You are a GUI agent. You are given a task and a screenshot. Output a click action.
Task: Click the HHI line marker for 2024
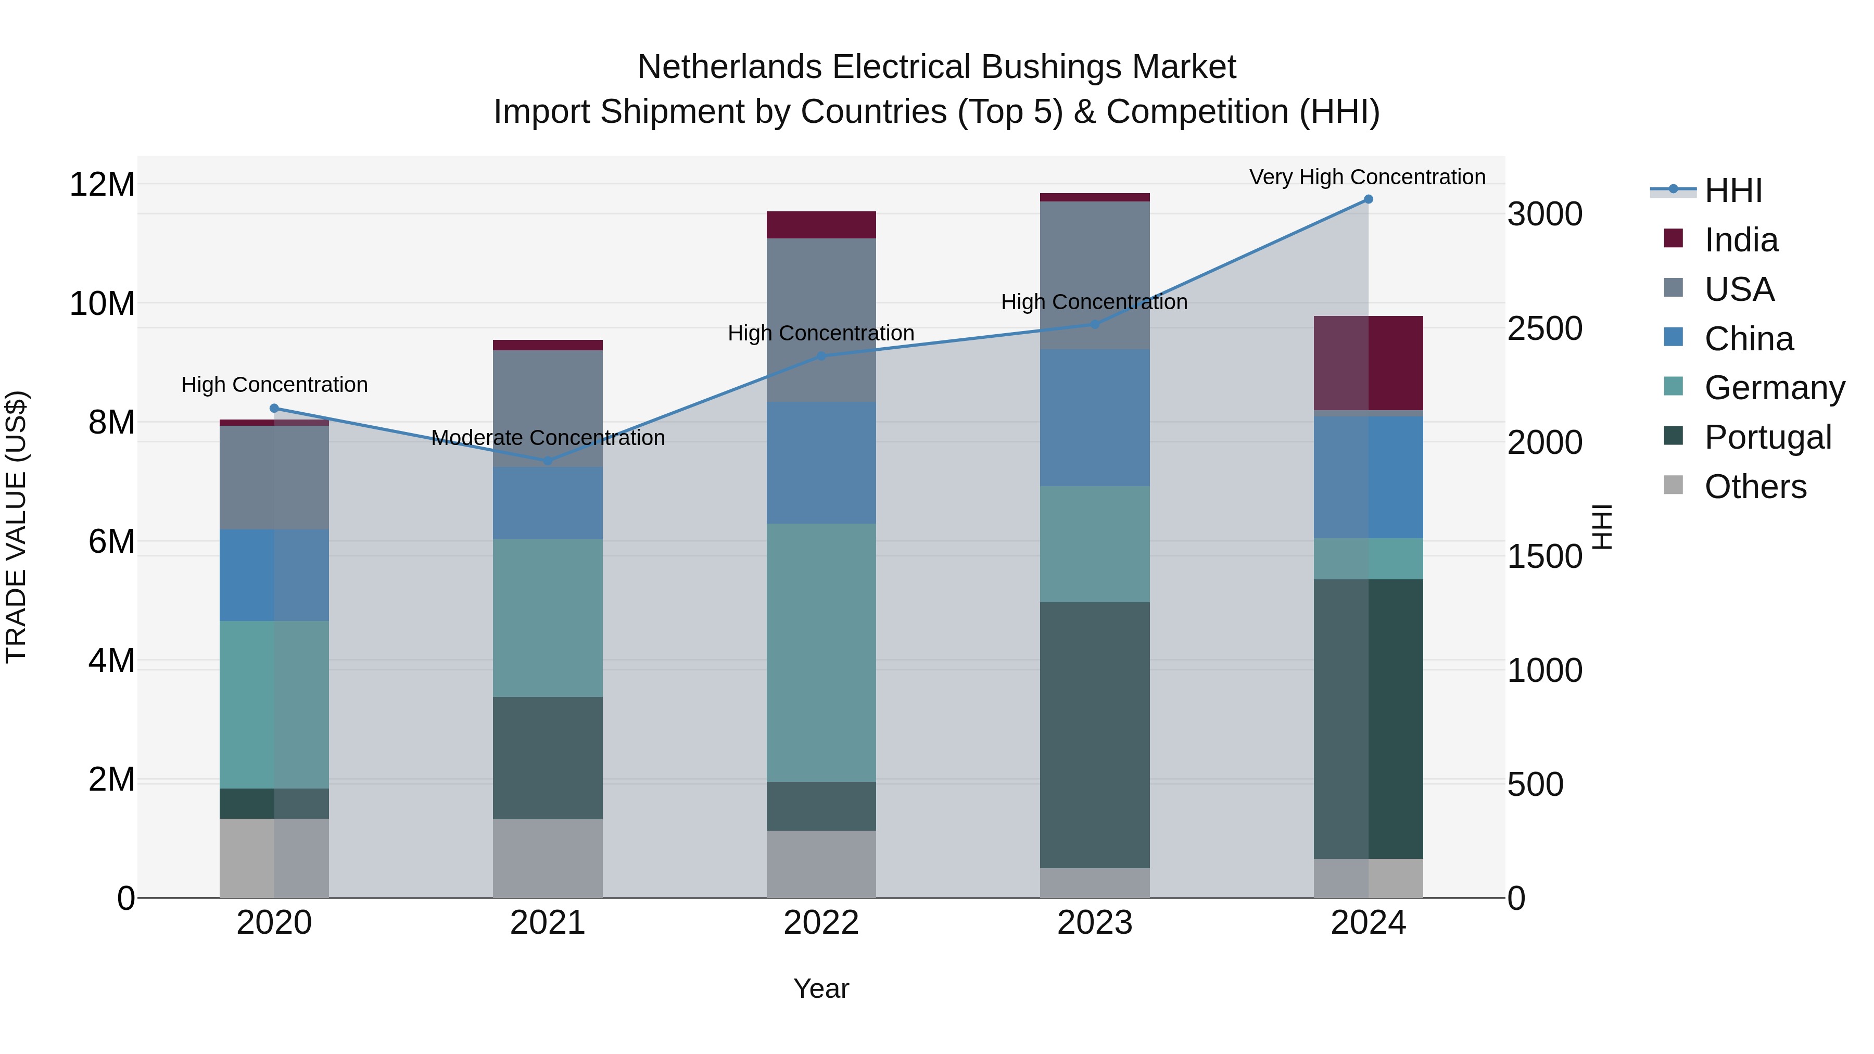coord(1367,199)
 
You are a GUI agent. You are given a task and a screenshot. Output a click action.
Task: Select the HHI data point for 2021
coord(548,461)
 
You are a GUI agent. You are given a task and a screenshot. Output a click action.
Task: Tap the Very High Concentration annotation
coord(1367,177)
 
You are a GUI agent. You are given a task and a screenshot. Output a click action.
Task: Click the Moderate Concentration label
coord(548,438)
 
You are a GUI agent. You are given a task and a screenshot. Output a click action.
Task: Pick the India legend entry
coord(1741,240)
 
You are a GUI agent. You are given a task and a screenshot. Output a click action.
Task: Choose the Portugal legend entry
coord(1767,437)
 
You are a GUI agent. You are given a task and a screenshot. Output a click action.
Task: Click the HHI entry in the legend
coord(1733,191)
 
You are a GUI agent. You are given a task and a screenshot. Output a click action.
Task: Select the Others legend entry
coord(1755,487)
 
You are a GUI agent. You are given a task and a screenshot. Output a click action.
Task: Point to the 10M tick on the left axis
coord(102,303)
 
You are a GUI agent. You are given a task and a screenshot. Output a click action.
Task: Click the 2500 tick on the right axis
coord(1544,329)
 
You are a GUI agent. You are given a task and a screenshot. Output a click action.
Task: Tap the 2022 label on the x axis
coord(821,923)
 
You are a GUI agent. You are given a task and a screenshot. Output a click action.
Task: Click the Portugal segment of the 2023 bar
coord(1094,734)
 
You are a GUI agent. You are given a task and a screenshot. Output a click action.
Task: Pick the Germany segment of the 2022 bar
coord(821,653)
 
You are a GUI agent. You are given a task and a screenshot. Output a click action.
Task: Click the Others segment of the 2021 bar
coord(548,858)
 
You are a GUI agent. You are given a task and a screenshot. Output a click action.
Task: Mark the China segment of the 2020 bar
coord(274,575)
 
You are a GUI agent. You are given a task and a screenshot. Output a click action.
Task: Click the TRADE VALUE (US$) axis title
coord(16,527)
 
